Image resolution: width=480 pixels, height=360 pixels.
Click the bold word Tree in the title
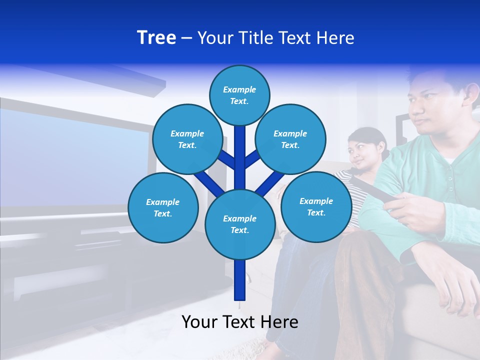[156, 38]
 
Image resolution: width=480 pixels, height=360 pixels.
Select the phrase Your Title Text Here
[276, 38]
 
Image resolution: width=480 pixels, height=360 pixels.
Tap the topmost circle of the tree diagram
[239, 95]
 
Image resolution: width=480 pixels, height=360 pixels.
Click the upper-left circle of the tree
[187, 139]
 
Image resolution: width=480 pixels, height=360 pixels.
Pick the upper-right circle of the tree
[290, 139]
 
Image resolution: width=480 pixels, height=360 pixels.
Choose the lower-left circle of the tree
[163, 207]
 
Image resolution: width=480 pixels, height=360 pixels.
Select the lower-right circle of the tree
[316, 206]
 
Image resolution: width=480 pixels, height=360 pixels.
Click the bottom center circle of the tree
[240, 224]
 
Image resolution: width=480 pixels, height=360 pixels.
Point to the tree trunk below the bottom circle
[240, 280]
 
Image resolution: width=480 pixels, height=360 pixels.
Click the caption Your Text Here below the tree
[240, 322]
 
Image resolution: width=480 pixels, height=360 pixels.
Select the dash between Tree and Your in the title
[187, 38]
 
